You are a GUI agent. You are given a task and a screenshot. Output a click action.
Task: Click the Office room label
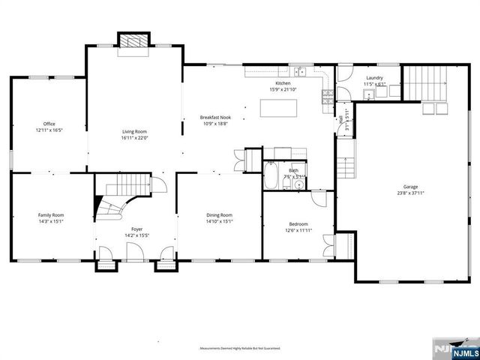(49, 124)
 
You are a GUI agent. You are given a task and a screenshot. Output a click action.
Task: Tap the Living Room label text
(136, 131)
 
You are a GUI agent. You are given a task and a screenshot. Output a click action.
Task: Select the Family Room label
(52, 215)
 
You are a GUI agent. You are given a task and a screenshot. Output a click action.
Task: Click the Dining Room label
(220, 215)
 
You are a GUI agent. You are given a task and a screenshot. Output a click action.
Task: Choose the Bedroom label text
(299, 223)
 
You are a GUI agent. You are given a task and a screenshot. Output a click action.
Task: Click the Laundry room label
(374, 78)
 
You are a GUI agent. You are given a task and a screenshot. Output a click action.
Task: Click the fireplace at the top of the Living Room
(136, 42)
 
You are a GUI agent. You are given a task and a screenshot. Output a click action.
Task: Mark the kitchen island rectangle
(280, 109)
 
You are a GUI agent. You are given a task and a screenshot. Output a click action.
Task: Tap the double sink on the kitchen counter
(300, 73)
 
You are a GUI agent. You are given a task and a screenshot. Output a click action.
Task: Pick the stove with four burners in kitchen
(327, 95)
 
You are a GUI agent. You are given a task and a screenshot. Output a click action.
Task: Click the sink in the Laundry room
(370, 94)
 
